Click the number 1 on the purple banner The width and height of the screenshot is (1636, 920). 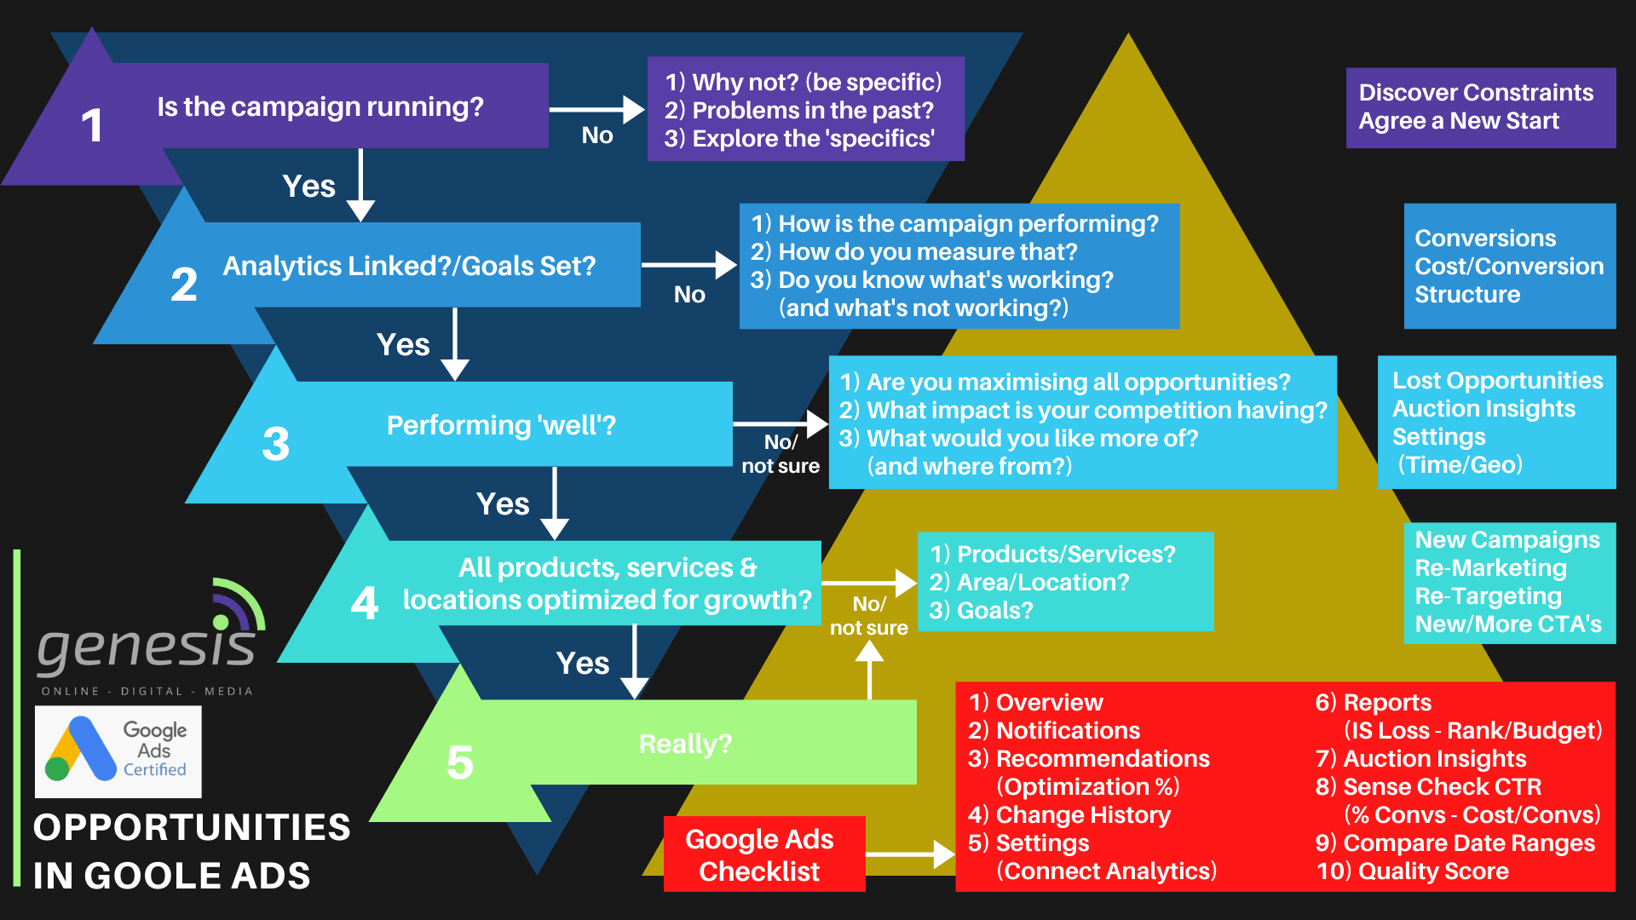click(x=92, y=125)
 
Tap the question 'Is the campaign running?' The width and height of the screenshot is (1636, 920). click(x=320, y=106)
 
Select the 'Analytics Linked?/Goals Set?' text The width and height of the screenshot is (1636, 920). click(x=409, y=266)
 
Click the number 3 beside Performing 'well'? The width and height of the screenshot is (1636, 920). click(x=275, y=444)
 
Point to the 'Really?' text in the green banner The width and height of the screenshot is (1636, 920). click(x=685, y=744)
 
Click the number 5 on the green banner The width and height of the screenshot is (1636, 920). click(x=459, y=762)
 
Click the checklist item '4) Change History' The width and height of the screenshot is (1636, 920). click(x=1069, y=815)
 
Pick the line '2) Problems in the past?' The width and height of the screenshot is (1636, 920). click(x=798, y=111)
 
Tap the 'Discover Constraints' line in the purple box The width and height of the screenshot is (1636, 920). click(x=1475, y=92)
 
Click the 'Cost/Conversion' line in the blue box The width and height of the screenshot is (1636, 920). click(x=1508, y=267)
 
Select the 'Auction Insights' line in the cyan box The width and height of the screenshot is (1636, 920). click(x=1483, y=409)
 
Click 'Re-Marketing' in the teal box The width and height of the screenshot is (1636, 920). click(x=1490, y=568)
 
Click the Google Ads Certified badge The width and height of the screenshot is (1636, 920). click(x=118, y=751)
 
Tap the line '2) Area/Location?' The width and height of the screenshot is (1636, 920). click(x=1028, y=583)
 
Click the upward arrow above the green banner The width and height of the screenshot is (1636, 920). click(x=868, y=669)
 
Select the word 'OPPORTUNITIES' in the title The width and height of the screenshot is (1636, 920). click(x=192, y=827)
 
